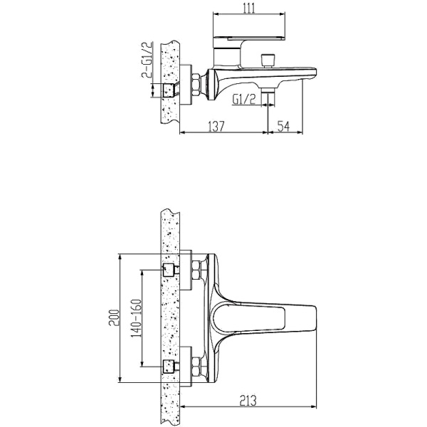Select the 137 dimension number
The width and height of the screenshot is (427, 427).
tap(216, 126)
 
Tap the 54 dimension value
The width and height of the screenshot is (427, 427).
tap(283, 126)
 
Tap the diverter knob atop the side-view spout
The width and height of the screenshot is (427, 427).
tap(268, 60)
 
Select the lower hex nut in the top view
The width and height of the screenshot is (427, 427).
tap(196, 367)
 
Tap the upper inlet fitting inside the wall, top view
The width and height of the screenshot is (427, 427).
tap(169, 270)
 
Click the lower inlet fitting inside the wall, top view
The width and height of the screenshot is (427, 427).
tap(169, 367)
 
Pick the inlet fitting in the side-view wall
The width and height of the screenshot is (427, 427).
tap(169, 90)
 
